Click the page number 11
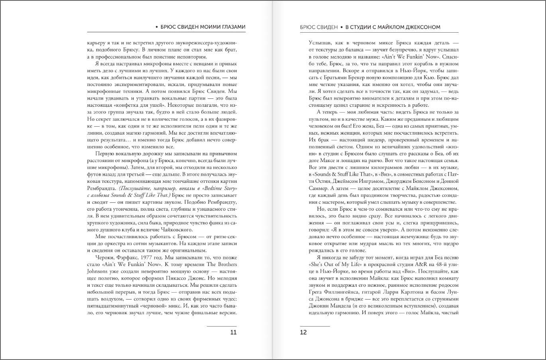(234, 333)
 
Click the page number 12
(303, 333)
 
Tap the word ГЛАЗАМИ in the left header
(231, 27)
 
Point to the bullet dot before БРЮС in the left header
(157, 27)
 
